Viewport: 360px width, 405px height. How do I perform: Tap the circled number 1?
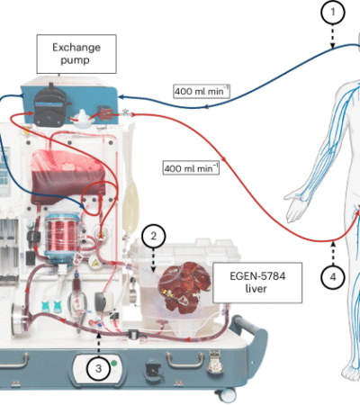pyautogui.click(x=334, y=13)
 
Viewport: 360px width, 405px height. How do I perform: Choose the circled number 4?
pyautogui.click(x=333, y=277)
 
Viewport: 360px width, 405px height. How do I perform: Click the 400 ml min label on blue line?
pyautogui.click(x=201, y=91)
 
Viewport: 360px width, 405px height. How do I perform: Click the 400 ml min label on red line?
pyautogui.click(x=190, y=166)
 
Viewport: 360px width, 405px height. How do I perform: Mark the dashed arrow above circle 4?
pyautogui.click(x=333, y=253)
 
